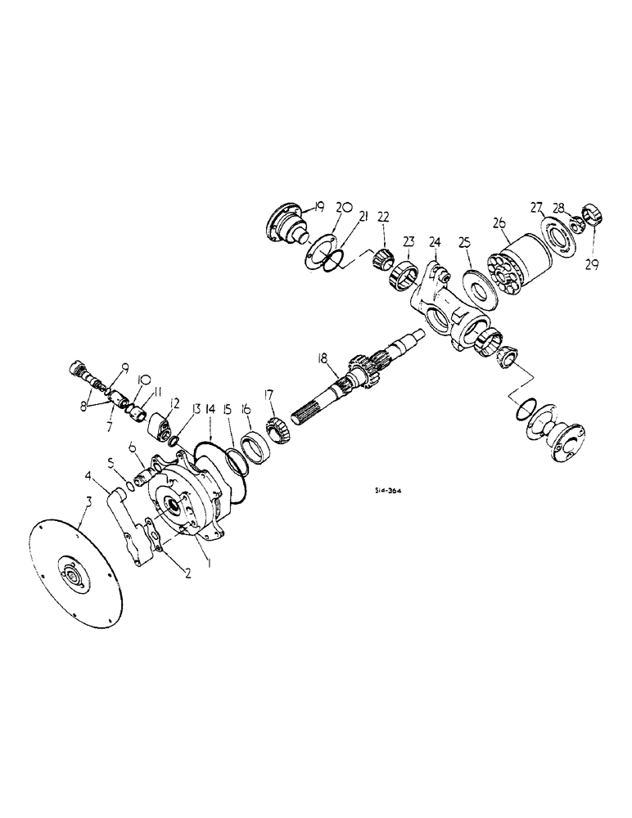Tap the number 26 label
[499, 222]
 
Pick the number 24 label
[434, 242]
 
